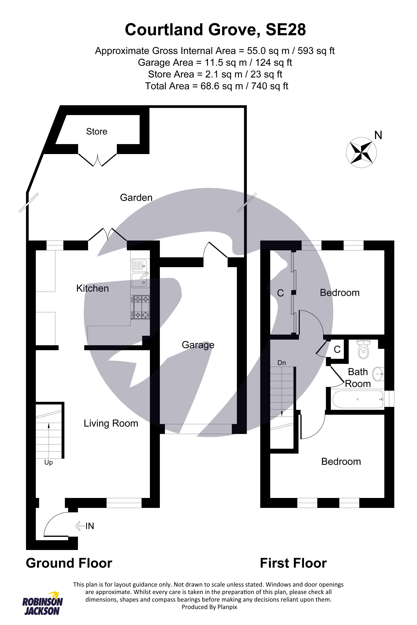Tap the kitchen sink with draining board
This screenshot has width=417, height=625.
point(140,273)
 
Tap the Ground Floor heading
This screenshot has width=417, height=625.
point(69,563)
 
